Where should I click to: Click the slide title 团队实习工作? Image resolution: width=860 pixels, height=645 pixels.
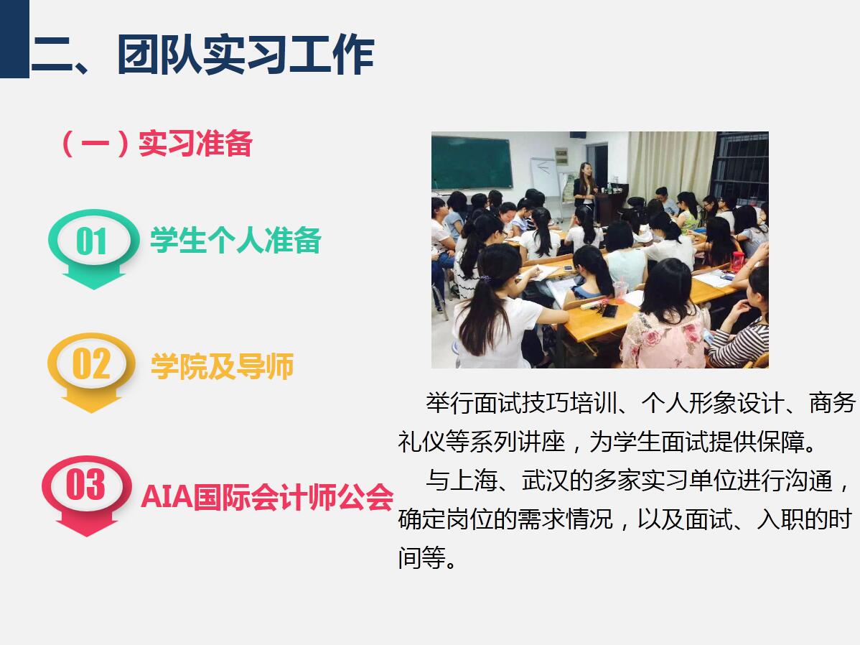click(x=246, y=54)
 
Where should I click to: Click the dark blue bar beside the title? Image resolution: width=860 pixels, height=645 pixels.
click(x=14, y=39)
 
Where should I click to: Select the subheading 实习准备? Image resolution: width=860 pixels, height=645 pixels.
click(x=195, y=144)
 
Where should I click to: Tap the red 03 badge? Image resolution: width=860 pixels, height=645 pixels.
click(x=87, y=495)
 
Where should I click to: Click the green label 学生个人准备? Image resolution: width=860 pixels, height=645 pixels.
click(x=236, y=241)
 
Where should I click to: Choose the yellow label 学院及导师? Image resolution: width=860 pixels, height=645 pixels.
click(x=222, y=366)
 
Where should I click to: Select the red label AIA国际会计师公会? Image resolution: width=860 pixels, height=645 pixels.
click(x=267, y=497)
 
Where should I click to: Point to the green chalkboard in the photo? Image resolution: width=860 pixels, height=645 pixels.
click(x=472, y=162)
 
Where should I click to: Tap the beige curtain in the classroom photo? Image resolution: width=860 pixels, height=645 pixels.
click(x=671, y=164)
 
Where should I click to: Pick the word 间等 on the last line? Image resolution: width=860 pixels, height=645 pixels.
click(x=422, y=557)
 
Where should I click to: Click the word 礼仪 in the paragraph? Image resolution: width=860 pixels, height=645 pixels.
click(x=422, y=442)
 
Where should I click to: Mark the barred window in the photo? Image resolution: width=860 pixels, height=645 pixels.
click(x=740, y=164)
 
